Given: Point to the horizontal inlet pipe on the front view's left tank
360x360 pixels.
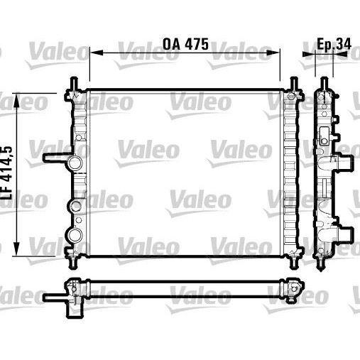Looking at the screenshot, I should [x=55, y=158].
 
